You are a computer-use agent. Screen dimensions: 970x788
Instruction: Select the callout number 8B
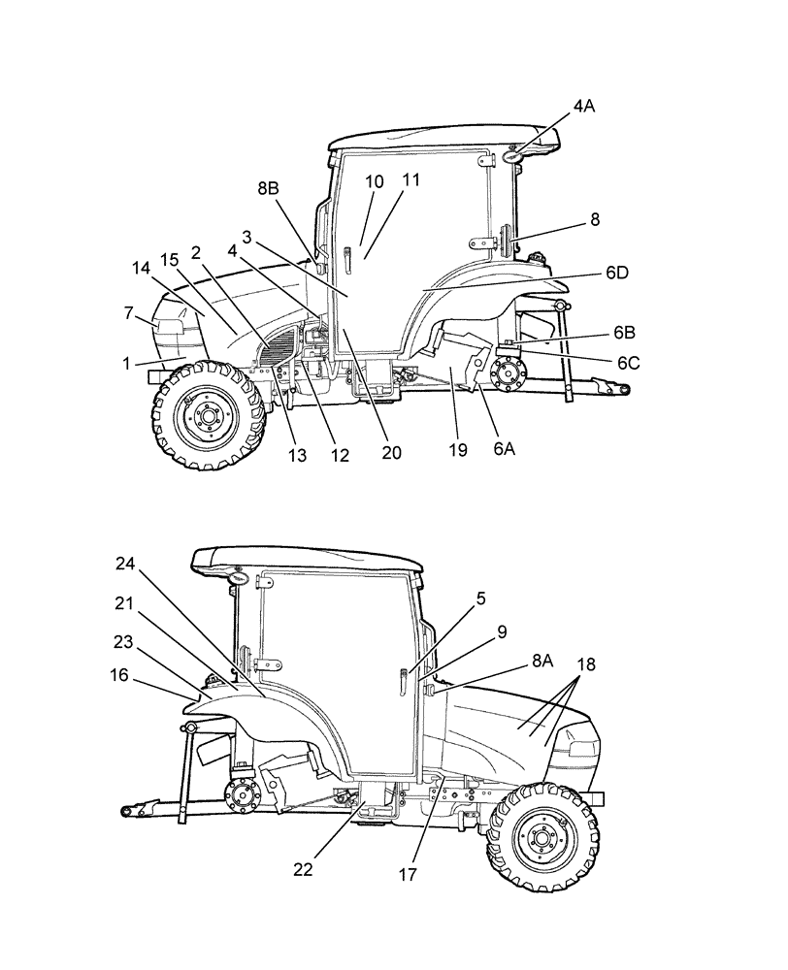coord(268,191)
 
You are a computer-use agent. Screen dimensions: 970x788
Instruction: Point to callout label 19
coord(458,450)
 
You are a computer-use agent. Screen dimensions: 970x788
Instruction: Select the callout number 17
coord(406,873)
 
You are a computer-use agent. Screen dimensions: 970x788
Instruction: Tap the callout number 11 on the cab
coord(411,180)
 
